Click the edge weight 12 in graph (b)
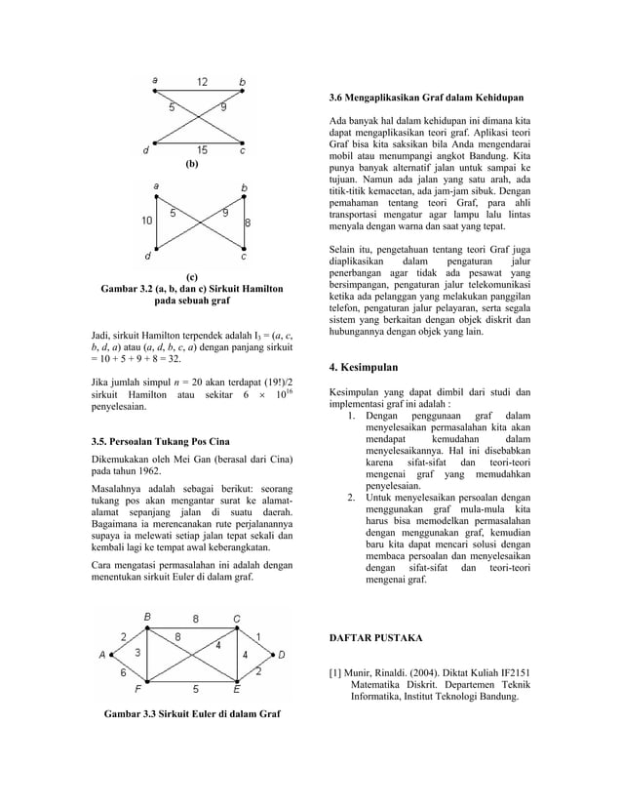(x=201, y=82)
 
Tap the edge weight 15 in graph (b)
(x=201, y=149)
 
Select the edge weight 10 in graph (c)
(x=145, y=221)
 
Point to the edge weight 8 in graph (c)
(x=248, y=222)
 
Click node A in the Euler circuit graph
(x=102, y=656)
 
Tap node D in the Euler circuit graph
(x=282, y=656)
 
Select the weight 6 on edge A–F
(x=123, y=672)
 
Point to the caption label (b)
(x=192, y=166)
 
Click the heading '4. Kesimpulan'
(x=366, y=368)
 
